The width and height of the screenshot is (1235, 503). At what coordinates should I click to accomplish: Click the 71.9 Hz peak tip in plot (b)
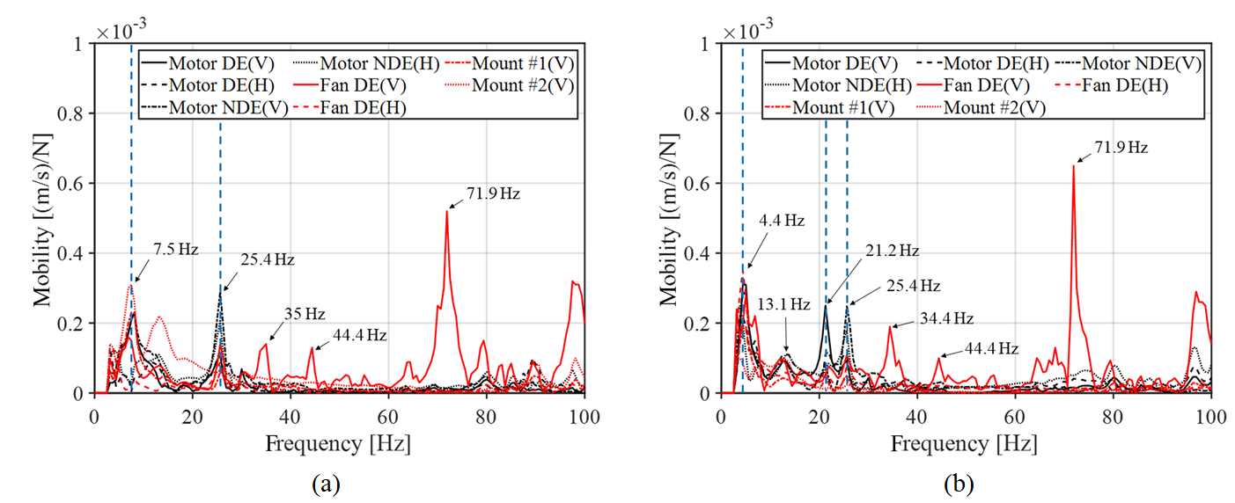point(1073,165)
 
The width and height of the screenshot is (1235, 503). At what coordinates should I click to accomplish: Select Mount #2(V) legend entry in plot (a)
point(522,85)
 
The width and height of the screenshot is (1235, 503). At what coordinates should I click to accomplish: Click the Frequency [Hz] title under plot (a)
point(340,444)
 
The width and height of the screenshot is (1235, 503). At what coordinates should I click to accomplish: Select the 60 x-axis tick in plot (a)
point(388,415)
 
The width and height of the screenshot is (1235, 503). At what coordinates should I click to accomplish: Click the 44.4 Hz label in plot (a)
point(359,335)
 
